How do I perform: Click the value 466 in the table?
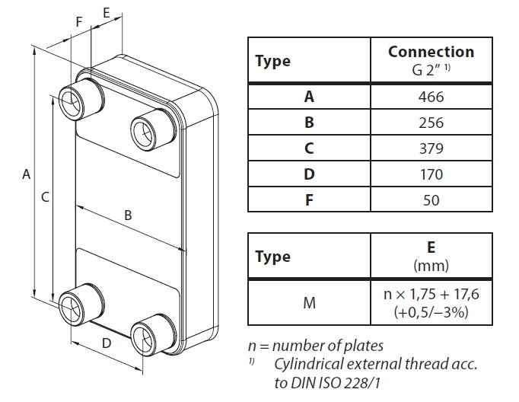point(431,97)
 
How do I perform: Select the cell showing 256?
point(431,123)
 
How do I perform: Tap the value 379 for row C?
point(431,148)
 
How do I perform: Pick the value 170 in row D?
point(431,174)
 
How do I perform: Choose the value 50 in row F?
point(431,199)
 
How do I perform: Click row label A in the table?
point(309,97)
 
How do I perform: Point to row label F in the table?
point(309,199)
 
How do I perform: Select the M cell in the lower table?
point(309,303)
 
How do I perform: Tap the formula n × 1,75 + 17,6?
point(431,295)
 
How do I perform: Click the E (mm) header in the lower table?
point(431,257)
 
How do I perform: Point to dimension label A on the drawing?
point(26,174)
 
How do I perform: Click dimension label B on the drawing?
point(128,215)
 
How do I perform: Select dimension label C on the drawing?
point(45,197)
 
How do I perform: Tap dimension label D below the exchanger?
point(107,343)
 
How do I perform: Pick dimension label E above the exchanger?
point(106,13)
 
